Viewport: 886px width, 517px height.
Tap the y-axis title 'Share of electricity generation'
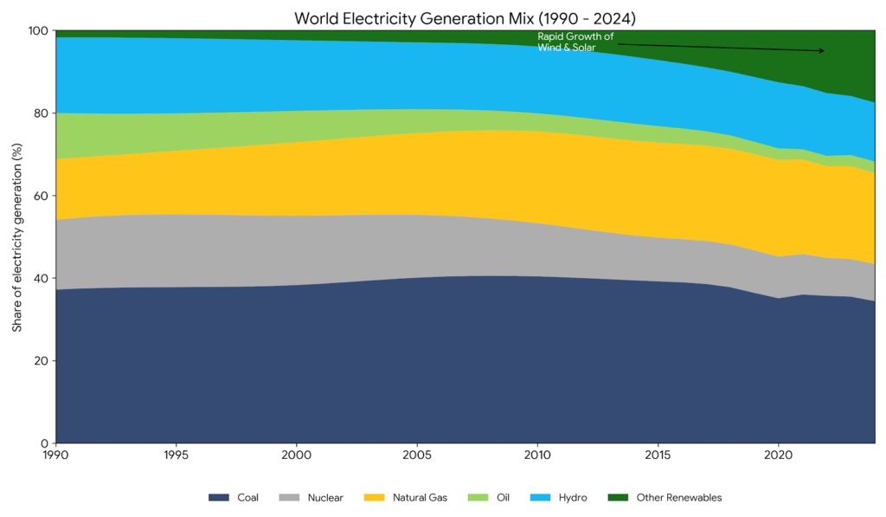(17, 237)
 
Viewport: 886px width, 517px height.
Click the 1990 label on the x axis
(55, 455)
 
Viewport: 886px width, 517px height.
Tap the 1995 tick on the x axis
(176, 455)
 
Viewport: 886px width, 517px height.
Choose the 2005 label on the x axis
(417, 455)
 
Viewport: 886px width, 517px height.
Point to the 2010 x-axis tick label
(537, 455)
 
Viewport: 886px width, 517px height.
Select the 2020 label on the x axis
(779, 455)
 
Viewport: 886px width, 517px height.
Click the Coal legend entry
(234, 498)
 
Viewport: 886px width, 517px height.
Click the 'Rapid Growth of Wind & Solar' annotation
(575, 42)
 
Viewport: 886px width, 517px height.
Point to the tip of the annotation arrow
(825, 51)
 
